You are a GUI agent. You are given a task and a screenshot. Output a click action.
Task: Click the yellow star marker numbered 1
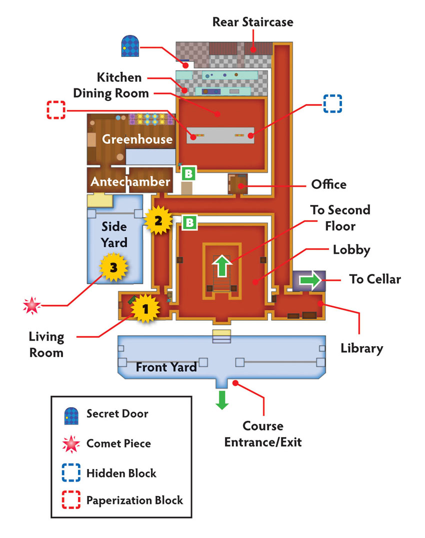click(145, 309)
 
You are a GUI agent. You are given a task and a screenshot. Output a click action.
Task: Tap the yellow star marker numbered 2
click(158, 221)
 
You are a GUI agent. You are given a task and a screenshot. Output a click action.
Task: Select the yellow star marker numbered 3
click(113, 267)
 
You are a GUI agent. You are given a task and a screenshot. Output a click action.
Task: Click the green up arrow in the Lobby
click(222, 265)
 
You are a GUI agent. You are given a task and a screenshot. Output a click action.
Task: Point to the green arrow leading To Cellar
click(310, 280)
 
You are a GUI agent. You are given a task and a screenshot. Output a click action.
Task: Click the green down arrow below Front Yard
click(222, 400)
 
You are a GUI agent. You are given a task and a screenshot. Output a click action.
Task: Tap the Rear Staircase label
click(252, 22)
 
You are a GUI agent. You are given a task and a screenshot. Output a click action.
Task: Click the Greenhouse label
click(137, 139)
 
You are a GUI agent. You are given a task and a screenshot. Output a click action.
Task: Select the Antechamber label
click(130, 181)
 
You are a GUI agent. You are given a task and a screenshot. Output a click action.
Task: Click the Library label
click(362, 348)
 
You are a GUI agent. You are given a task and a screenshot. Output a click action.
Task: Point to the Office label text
click(328, 184)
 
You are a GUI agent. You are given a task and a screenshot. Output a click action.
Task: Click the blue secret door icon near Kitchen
click(130, 45)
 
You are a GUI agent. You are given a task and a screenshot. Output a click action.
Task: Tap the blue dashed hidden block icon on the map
click(332, 103)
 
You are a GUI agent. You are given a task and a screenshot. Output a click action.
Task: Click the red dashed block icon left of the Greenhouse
click(56, 110)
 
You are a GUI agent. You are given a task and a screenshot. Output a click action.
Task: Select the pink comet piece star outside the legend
click(32, 305)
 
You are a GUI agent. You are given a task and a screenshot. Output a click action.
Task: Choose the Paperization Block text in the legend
click(134, 500)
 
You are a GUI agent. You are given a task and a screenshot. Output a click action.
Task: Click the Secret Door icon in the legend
click(71, 416)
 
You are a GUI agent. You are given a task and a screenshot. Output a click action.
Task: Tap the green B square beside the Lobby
click(189, 223)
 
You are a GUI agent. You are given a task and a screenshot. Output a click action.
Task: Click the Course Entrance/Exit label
click(263, 434)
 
